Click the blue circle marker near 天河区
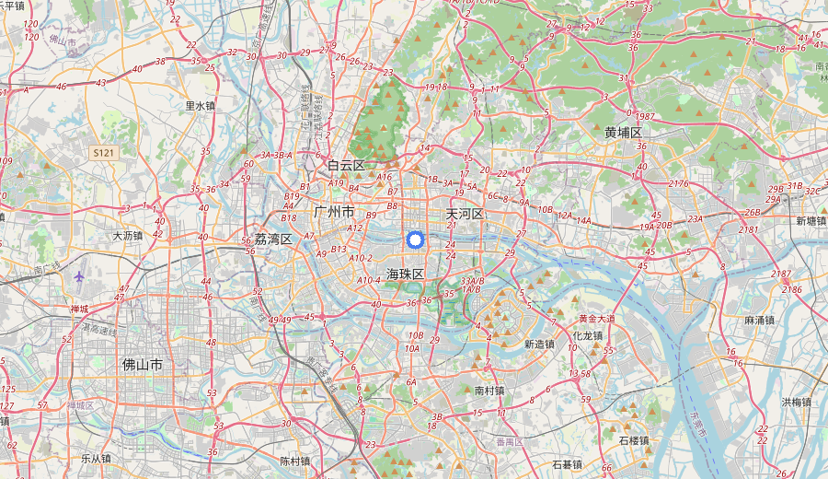(x=414, y=240)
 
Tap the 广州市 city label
(x=334, y=212)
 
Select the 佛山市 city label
(x=143, y=365)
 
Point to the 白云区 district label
(x=347, y=166)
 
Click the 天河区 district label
(x=465, y=214)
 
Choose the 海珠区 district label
(x=405, y=274)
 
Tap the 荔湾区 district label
(x=273, y=239)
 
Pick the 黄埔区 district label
(x=623, y=133)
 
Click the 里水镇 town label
(x=200, y=106)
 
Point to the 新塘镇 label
(x=811, y=221)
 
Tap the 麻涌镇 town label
(x=759, y=321)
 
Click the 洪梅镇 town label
(x=797, y=402)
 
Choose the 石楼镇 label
(x=634, y=440)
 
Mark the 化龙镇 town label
(x=588, y=335)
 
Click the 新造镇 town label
(x=539, y=345)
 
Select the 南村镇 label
(x=489, y=391)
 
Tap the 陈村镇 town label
(x=295, y=461)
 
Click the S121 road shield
(x=103, y=152)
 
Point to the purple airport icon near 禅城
(x=80, y=275)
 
